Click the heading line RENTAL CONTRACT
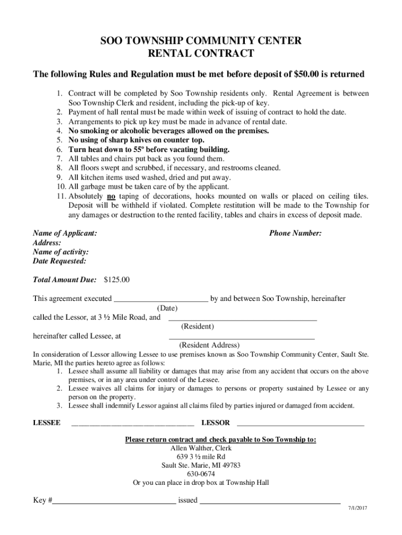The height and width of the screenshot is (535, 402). click(201, 53)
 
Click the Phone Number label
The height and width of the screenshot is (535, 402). click(295, 234)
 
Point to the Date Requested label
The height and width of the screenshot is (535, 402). click(60, 261)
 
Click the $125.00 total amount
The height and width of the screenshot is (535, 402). click(117, 280)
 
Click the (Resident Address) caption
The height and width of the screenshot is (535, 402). click(209, 345)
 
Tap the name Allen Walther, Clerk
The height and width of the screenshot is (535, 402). click(201, 448)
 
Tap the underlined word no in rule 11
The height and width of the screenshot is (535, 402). click(111, 196)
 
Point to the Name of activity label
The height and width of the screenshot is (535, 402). click(61, 252)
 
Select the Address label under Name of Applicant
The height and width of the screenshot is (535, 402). click(47, 243)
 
